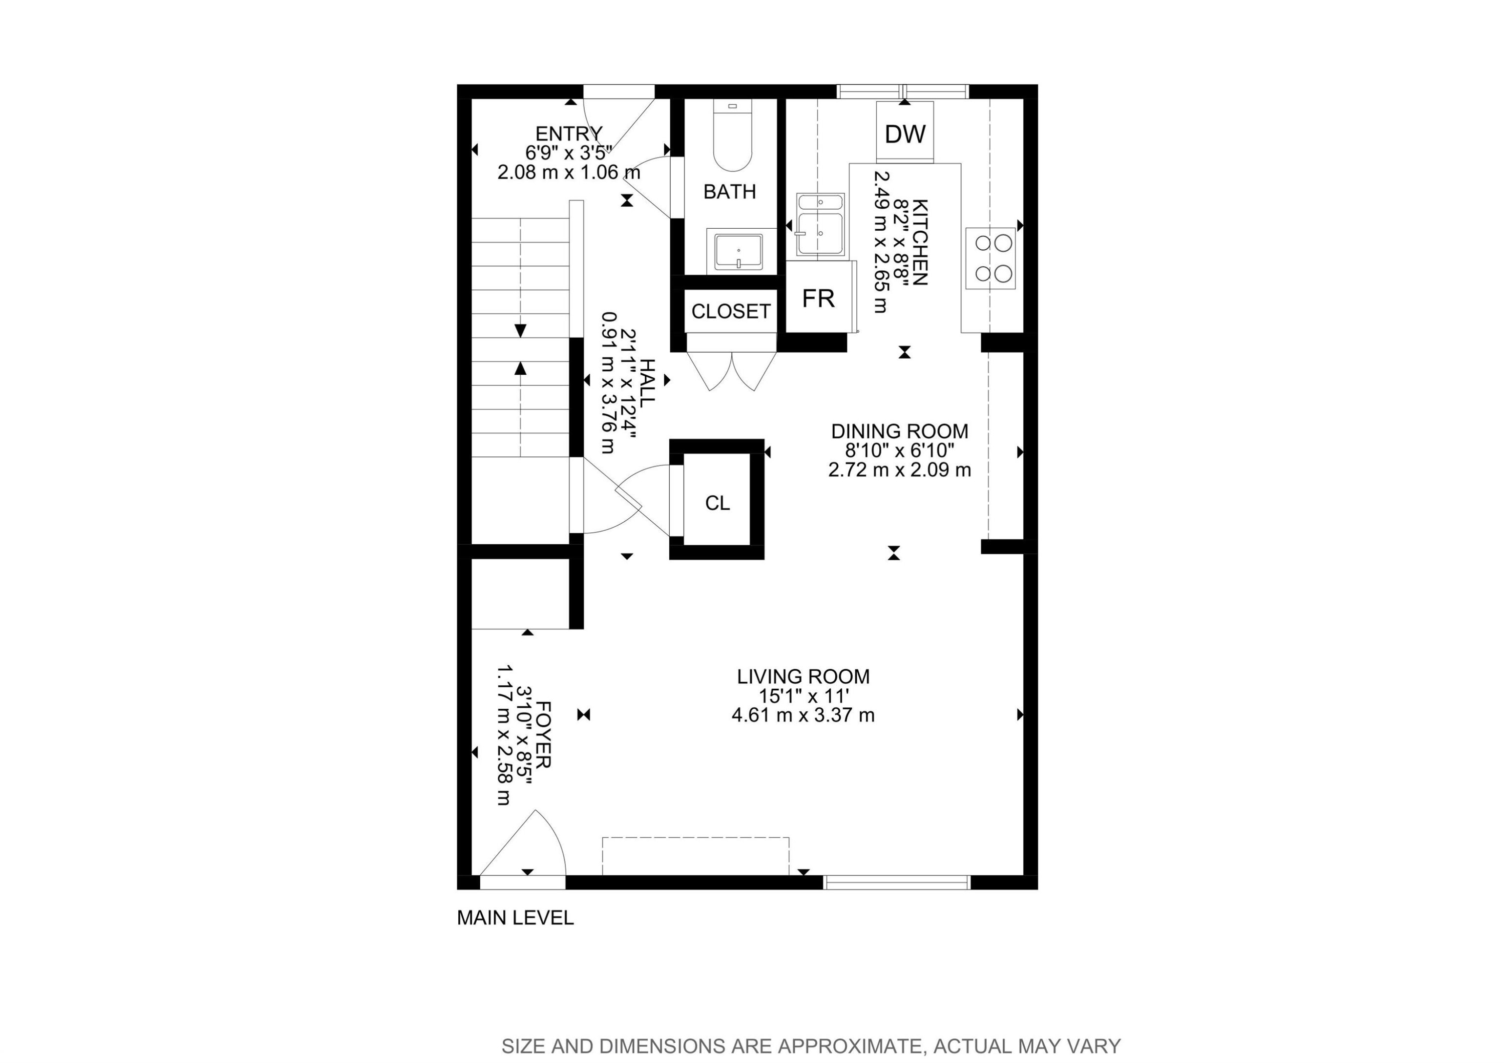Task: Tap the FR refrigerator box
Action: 818,298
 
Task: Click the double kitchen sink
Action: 820,225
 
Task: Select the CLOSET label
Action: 730,312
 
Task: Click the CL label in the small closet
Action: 717,503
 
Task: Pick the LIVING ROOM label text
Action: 803,676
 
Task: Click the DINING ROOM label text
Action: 899,431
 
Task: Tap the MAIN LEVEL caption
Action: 515,918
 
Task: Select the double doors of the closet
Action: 731,371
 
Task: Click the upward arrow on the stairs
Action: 521,368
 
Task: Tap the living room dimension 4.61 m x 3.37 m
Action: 803,714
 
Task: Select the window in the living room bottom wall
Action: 895,881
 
